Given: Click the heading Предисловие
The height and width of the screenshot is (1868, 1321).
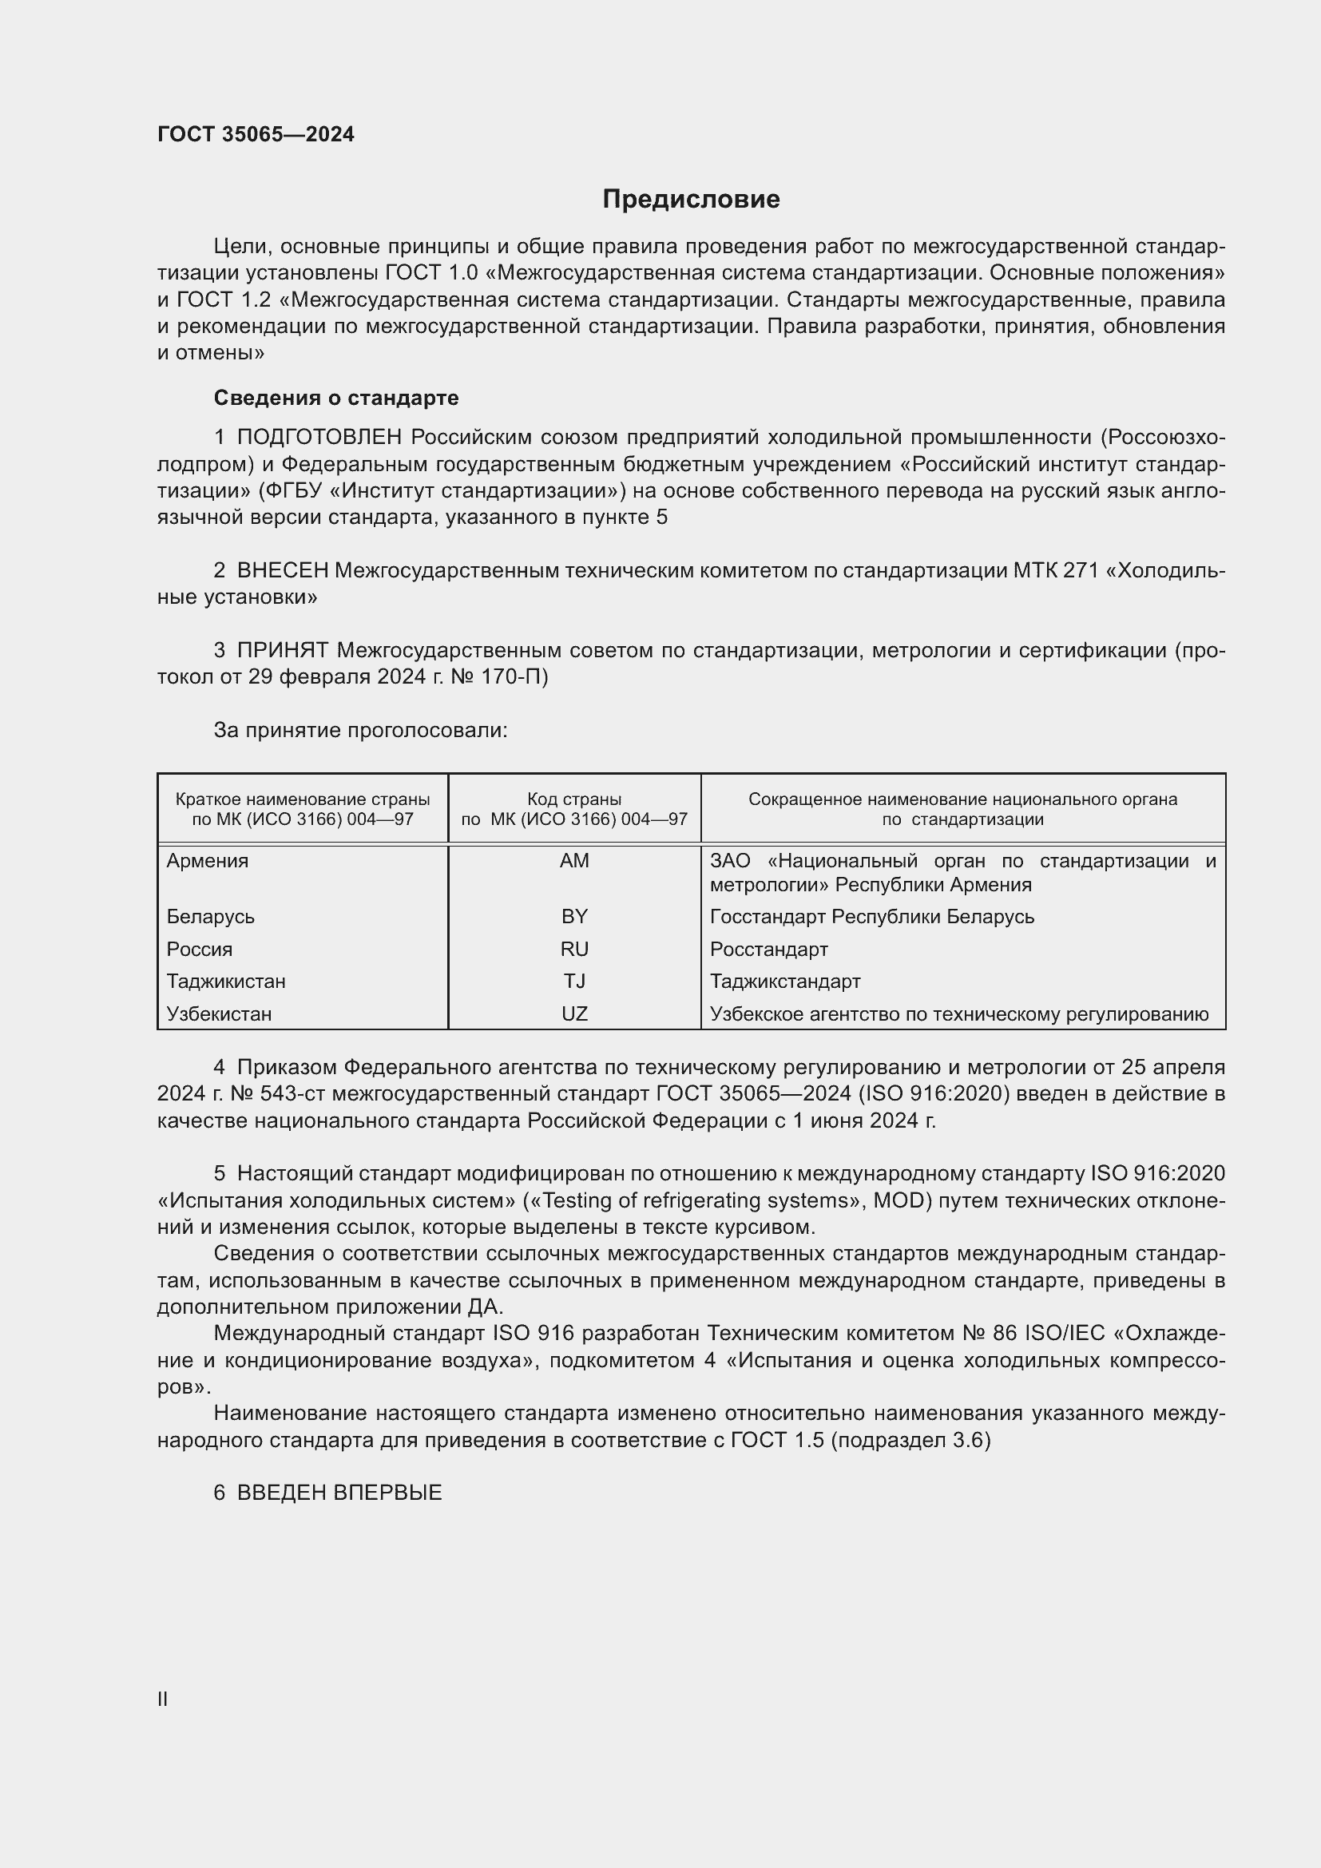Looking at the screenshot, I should point(691,200).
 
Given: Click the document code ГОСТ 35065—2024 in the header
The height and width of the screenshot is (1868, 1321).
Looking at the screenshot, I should point(256,134).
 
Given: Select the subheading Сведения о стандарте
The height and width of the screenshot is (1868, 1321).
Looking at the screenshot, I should point(336,398).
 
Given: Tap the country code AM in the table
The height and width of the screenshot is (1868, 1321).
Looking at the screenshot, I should point(574,861).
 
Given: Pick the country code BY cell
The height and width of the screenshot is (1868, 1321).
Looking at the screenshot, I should point(574,917).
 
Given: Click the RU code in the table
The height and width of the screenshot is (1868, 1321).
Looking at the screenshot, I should point(574,950).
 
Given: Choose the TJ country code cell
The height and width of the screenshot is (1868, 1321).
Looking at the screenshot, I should point(574,982).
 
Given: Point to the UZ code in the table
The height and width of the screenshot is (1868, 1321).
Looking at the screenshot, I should point(574,1013).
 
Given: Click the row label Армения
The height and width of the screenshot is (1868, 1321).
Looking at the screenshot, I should point(208,861).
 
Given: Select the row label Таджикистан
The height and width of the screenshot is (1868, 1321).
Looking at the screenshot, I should point(226,982).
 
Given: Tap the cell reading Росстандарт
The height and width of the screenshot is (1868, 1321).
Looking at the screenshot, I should point(768,950).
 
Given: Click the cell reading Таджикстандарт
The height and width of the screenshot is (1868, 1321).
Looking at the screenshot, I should point(785,982).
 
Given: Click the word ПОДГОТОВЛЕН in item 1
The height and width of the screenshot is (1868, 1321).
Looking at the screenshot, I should point(319,438).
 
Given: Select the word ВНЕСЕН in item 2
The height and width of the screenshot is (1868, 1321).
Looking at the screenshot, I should point(282,571).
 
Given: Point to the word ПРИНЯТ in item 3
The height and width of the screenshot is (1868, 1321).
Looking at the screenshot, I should point(282,651).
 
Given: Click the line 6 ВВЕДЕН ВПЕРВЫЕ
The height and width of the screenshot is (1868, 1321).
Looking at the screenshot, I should point(327,1493).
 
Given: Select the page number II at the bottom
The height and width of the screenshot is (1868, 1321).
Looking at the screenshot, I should point(163,1699).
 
